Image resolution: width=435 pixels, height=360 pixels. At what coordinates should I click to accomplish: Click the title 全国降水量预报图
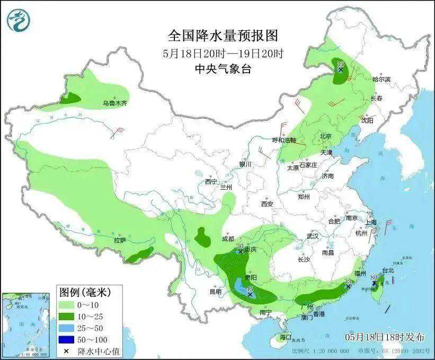(x=223, y=36)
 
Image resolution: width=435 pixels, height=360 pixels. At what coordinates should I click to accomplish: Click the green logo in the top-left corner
(x=19, y=20)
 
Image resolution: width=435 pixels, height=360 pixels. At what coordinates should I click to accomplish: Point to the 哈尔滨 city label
(x=381, y=79)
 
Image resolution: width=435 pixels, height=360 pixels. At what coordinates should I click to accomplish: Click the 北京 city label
(x=325, y=136)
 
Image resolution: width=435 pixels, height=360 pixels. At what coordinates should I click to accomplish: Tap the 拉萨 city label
(x=120, y=240)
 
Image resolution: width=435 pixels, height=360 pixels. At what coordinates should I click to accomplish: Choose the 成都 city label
(x=228, y=239)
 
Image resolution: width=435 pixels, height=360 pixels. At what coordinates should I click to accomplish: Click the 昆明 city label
(x=215, y=291)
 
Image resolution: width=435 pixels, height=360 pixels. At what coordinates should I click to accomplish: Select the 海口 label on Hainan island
(x=286, y=337)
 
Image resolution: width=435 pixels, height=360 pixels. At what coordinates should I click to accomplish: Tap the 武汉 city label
(x=313, y=236)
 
